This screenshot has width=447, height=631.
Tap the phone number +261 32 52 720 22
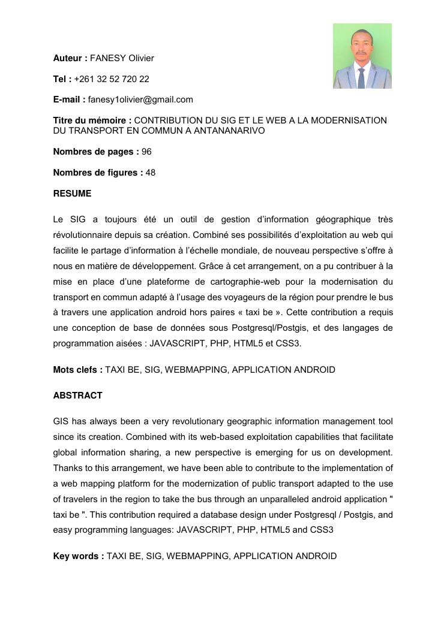(x=112, y=79)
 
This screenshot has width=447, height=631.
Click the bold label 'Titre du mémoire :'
(x=92, y=120)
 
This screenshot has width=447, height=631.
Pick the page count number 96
(x=146, y=152)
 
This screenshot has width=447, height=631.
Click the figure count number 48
(x=151, y=173)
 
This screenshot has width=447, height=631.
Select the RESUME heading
(x=72, y=194)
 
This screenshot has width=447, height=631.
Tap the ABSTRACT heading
(x=77, y=395)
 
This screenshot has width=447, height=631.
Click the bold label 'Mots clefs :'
(x=78, y=370)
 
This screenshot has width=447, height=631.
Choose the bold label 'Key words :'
(x=79, y=556)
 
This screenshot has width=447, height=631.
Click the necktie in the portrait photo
(x=361, y=77)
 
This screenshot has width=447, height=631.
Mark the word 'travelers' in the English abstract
(x=83, y=499)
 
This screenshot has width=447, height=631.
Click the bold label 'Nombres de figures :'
(x=98, y=173)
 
